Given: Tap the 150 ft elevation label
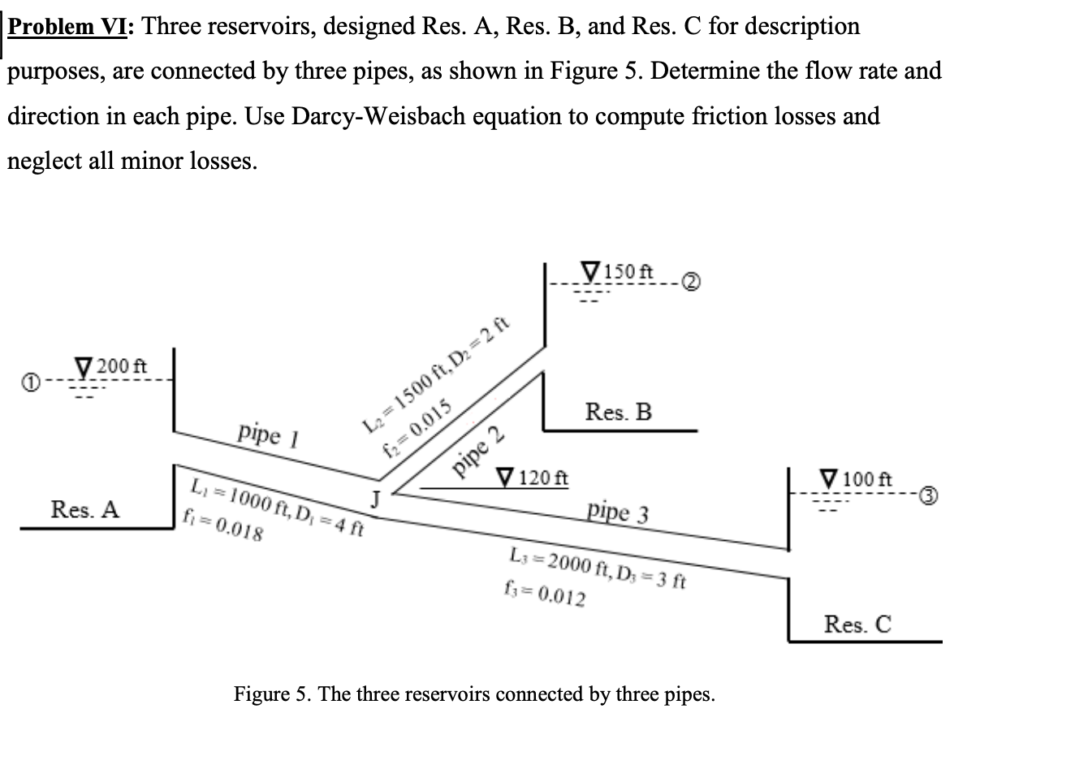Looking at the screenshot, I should [630, 269].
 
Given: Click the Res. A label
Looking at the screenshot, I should [84, 509].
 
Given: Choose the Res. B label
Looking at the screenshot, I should [618, 412].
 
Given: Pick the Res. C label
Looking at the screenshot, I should [857, 624].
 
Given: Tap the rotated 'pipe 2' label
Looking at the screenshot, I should [479, 455].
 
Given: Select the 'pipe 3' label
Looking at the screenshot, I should [618, 512].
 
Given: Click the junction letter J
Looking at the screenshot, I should [375, 496].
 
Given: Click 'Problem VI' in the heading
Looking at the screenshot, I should [71, 27].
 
